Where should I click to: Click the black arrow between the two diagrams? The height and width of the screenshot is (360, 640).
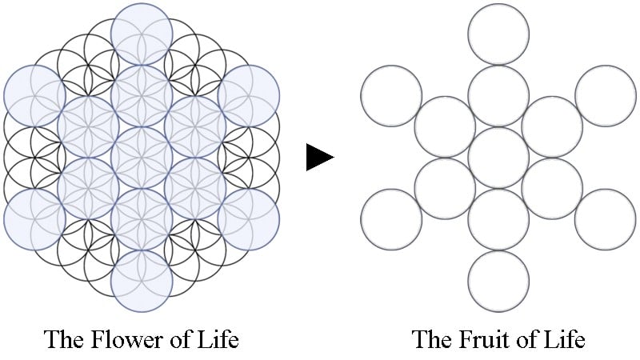click(x=319, y=157)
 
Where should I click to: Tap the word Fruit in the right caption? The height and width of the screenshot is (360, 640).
click(x=483, y=339)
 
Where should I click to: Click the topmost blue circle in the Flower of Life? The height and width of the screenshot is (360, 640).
click(x=142, y=34)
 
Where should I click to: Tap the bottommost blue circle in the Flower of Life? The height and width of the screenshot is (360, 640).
click(x=142, y=282)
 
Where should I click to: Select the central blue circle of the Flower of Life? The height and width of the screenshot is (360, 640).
click(x=142, y=158)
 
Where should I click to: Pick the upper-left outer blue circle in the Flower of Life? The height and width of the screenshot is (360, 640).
click(x=34, y=96)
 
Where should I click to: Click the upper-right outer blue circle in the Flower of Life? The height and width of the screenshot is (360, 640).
click(x=249, y=96)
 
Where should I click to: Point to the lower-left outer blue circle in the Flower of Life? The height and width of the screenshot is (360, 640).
click(x=34, y=219)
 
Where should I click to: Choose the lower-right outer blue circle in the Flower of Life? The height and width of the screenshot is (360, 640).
click(x=249, y=219)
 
